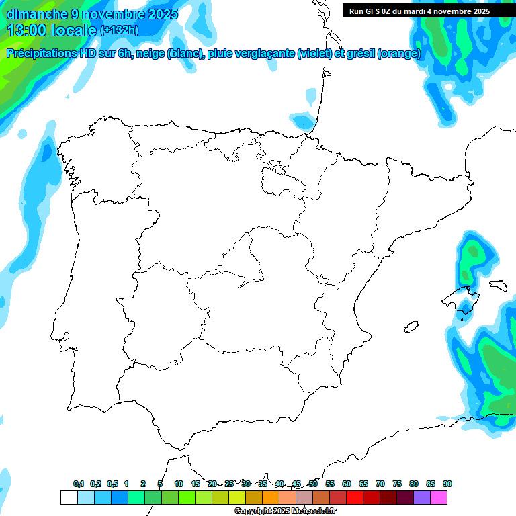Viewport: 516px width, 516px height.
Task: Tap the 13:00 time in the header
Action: click(x=29, y=30)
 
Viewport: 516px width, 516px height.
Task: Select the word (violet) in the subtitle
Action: click(x=314, y=54)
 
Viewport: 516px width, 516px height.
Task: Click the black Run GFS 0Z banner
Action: click(x=419, y=11)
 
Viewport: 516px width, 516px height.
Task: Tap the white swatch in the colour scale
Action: click(x=69, y=497)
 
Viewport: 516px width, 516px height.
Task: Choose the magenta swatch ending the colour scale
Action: click(x=439, y=497)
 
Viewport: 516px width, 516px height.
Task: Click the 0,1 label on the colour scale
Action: click(x=79, y=484)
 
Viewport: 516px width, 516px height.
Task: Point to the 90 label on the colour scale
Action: click(x=447, y=484)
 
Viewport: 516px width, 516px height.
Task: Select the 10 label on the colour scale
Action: click(x=179, y=484)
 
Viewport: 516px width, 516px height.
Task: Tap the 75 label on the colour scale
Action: click(x=397, y=484)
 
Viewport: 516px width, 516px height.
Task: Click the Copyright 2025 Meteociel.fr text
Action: click(x=286, y=511)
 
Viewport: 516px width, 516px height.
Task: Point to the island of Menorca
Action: click(x=497, y=285)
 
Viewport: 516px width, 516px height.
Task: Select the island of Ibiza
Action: click(x=411, y=327)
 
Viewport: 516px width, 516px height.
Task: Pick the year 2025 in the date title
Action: click(x=163, y=13)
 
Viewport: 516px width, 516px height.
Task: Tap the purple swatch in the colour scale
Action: click(x=422, y=497)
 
